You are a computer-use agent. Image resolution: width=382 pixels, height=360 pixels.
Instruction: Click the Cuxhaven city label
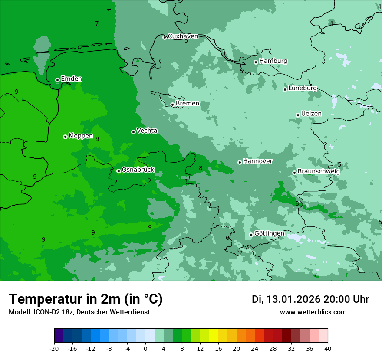click(x=183, y=36)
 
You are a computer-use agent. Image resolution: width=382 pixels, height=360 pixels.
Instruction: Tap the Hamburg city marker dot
click(x=256, y=62)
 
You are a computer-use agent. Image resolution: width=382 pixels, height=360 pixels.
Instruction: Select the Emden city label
click(x=71, y=79)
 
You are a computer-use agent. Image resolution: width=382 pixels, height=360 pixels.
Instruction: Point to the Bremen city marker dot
click(x=172, y=105)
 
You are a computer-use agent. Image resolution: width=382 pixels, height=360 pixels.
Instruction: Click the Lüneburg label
click(x=302, y=88)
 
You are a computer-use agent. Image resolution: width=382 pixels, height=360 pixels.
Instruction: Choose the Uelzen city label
click(x=311, y=114)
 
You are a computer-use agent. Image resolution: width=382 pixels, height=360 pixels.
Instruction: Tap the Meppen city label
click(x=81, y=136)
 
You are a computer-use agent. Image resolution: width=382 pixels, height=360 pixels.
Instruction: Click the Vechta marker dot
click(x=133, y=132)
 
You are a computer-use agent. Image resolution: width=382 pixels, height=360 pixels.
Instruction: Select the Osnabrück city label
click(x=138, y=170)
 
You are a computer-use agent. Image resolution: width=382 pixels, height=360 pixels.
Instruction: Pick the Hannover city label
click(x=257, y=161)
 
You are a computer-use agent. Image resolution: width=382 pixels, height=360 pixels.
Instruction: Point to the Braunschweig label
click(x=319, y=171)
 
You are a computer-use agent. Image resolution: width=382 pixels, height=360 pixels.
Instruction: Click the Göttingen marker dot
click(x=251, y=235)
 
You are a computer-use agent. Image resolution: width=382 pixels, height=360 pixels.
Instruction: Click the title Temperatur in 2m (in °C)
click(x=86, y=299)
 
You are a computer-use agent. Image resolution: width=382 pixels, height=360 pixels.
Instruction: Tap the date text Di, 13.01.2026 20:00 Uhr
click(x=310, y=299)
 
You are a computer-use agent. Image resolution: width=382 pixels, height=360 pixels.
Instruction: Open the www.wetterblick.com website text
click(x=313, y=312)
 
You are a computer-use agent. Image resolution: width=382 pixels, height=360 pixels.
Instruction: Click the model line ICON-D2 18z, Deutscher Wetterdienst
click(x=79, y=312)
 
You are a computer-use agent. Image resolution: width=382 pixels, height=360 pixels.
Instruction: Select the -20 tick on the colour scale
click(x=54, y=349)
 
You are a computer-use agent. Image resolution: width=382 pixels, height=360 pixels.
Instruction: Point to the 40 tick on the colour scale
click(x=327, y=349)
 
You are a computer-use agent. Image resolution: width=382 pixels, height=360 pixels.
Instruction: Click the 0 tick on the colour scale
click(x=145, y=349)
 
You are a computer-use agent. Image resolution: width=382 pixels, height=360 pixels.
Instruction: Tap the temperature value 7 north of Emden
click(x=97, y=24)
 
